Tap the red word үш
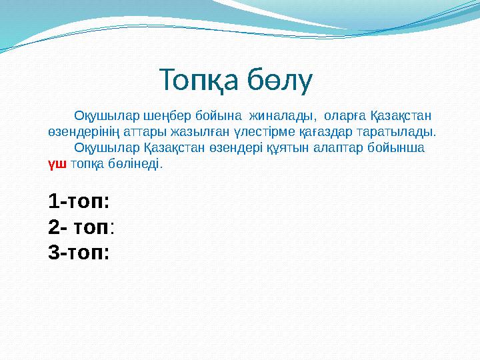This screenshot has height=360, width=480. click(57, 163)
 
